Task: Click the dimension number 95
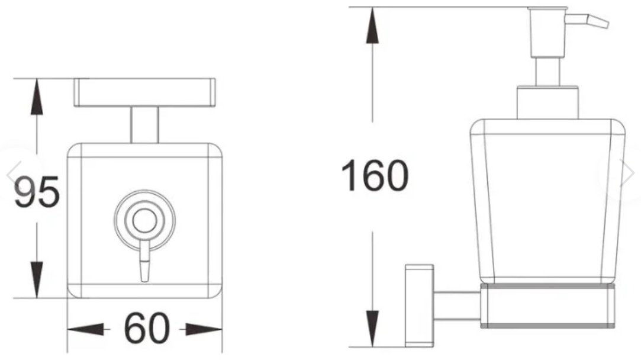[37, 191]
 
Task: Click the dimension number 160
[375, 176]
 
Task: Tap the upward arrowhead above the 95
[37, 97]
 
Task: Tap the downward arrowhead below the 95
[37, 280]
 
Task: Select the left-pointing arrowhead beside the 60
[86, 329]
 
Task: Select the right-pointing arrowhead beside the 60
[204, 329]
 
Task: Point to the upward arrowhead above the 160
[372, 25]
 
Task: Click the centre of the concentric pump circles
[144, 220]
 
